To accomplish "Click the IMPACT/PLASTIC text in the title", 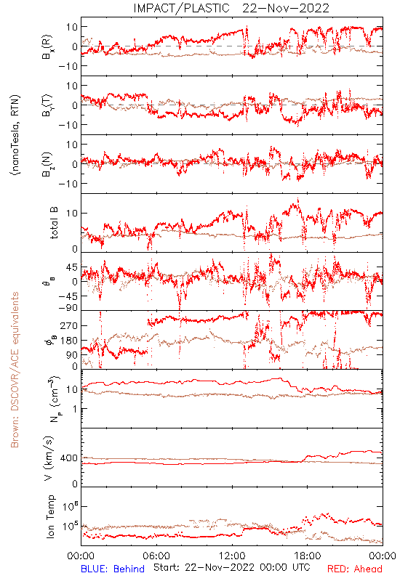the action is (x=181, y=8).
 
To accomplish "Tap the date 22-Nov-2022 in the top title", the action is (x=286, y=8).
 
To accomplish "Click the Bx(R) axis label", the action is (x=47, y=47).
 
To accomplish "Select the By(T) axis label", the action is (x=47, y=105).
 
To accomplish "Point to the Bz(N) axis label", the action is (x=47, y=164).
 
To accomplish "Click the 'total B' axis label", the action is (x=54, y=223).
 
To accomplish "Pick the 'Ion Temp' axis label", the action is (x=50, y=516).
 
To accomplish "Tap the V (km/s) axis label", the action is (x=49, y=458).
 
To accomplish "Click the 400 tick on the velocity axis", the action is (x=69, y=458).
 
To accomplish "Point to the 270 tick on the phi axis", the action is (x=69, y=325).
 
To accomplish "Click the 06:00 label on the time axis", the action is (x=156, y=556).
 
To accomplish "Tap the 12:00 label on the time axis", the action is (x=232, y=556).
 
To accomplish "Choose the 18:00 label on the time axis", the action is (x=308, y=556).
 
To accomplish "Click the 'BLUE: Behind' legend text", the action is (x=113, y=569).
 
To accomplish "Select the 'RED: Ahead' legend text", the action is (x=355, y=569).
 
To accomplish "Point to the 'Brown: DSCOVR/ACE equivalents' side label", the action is (x=15, y=370).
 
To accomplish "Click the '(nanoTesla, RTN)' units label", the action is (x=15, y=135).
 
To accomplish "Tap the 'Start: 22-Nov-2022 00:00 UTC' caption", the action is (x=232, y=567).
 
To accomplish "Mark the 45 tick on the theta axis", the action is (x=72, y=267).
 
